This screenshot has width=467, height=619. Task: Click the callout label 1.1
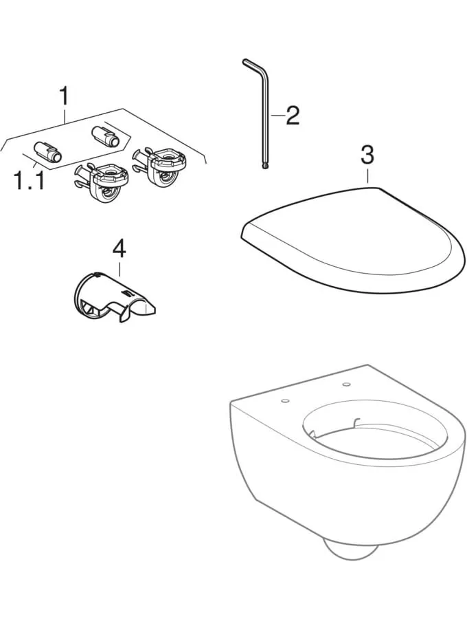(28, 180)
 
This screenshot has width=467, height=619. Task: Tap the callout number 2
(292, 115)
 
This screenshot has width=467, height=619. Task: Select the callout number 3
(367, 155)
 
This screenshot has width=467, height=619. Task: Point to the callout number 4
(119, 249)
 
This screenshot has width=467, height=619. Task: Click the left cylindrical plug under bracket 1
(47, 151)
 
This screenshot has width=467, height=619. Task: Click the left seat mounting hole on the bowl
(285, 401)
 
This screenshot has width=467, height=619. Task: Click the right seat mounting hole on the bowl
(347, 383)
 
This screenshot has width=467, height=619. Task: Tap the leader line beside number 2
(277, 116)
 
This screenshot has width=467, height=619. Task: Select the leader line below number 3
(367, 175)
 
